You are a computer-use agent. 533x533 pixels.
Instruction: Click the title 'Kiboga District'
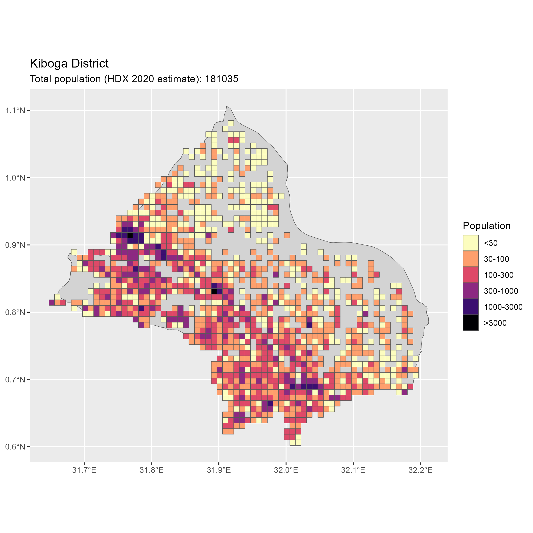coord(69,64)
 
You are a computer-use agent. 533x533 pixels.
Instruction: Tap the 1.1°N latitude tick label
coord(15,111)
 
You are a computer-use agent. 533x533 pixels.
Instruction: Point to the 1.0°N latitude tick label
coord(15,178)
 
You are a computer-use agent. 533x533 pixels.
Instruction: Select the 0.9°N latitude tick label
coord(15,245)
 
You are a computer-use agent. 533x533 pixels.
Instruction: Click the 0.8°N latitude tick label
coord(15,312)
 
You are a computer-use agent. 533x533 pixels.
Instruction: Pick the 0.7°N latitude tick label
coord(15,380)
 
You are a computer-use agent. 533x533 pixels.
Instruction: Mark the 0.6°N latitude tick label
coord(15,447)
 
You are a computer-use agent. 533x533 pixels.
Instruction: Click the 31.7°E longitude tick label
coord(84,470)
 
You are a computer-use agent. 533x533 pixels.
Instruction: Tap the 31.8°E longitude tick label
coord(151,470)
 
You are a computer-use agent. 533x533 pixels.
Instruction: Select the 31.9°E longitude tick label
coord(219,470)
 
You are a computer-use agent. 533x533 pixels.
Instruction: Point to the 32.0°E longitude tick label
coord(286,470)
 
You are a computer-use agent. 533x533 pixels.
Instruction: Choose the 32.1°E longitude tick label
coord(353,470)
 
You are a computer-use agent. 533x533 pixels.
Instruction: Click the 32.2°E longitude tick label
coord(420,470)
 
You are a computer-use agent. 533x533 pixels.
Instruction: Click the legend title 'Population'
coord(487,226)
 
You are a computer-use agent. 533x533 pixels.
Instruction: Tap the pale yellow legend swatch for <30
coord(471,243)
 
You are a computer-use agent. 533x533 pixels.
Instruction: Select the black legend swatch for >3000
coord(471,323)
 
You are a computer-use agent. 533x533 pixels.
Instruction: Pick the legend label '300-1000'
coord(501,291)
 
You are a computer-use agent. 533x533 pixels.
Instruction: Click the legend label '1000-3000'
coord(503,307)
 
